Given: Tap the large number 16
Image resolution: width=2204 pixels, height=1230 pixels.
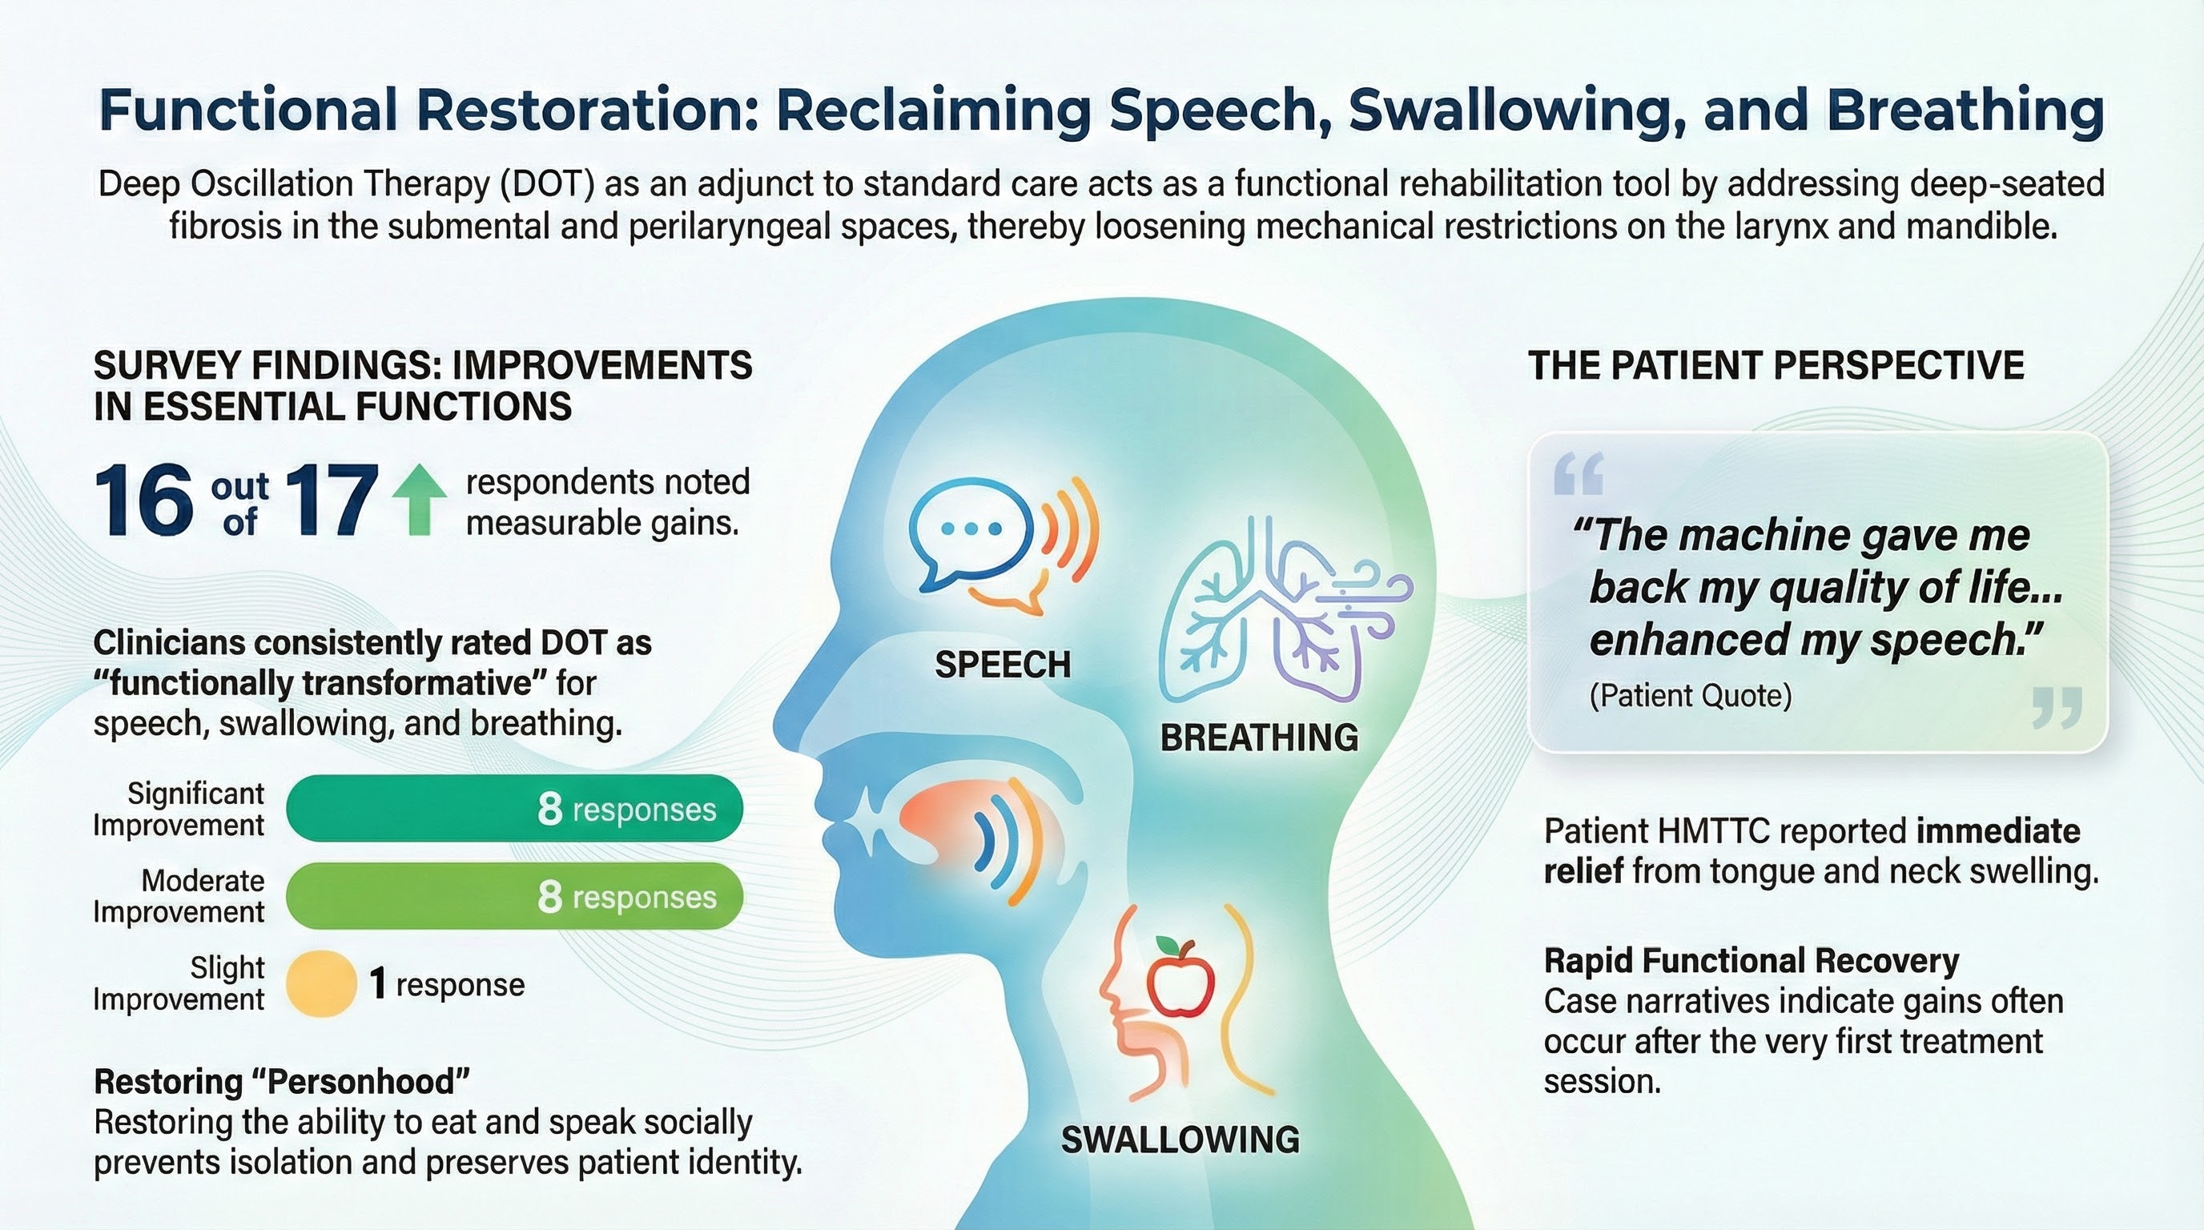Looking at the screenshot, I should pos(143,502).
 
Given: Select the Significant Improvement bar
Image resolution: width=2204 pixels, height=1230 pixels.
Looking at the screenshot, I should pos(514,808).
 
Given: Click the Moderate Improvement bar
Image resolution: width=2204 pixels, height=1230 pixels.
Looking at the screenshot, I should pos(514,895).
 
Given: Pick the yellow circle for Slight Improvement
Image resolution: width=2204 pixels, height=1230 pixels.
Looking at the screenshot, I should pos(320,983).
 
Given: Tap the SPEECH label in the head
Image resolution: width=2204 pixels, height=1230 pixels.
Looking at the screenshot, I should pos(1003,665).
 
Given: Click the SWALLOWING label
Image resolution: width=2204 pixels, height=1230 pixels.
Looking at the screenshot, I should pos(1180,1140).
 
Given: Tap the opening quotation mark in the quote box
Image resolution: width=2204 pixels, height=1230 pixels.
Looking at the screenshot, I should pos(1578,475).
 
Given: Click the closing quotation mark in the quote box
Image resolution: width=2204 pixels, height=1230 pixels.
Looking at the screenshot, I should pos(2057,708).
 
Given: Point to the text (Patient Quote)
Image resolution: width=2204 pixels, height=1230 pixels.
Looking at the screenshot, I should pos(1690,695).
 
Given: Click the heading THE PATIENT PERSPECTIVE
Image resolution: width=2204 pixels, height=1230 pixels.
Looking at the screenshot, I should pos(1776,365).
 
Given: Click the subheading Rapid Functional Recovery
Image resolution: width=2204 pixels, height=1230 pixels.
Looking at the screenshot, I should pos(1751,962).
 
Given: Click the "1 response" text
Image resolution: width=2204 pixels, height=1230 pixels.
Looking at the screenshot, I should pos(447,984).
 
